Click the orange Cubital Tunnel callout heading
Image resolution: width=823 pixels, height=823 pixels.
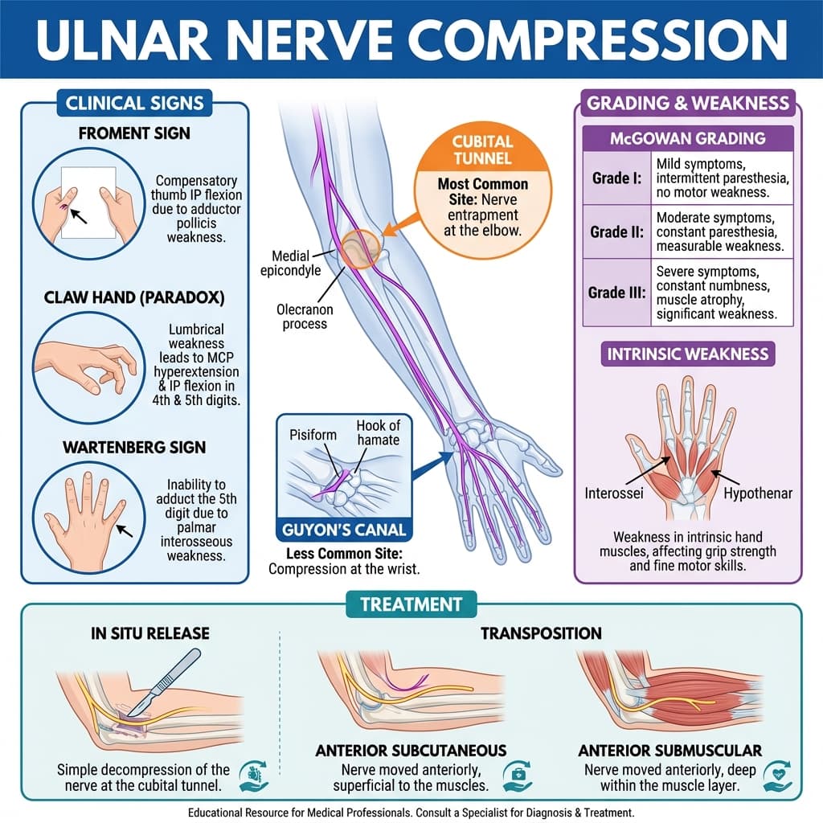[483, 149]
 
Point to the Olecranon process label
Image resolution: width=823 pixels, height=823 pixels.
[305, 316]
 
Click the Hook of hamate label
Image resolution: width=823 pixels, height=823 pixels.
[378, 435]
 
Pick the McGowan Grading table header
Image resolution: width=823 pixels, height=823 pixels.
[688, 138]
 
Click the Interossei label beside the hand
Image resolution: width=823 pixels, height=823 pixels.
[614, 492]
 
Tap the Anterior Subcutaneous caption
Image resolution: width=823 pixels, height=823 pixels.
[411, 750]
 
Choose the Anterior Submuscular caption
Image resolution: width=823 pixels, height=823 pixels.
[669, 750]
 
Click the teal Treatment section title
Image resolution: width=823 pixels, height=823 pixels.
[411, 604]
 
